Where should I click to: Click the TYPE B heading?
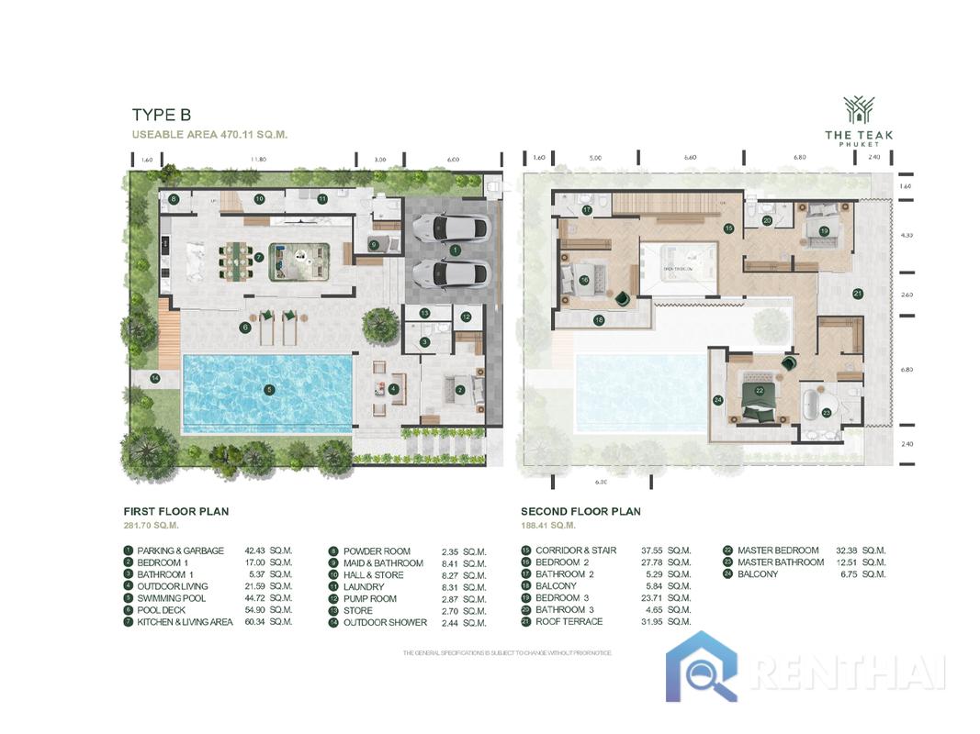[162, 115]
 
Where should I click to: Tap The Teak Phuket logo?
[858, 122]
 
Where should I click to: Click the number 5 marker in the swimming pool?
[269, 389]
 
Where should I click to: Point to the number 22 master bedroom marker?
[760, 390]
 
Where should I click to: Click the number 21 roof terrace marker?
[857, 294]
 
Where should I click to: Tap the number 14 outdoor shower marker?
[155, 377]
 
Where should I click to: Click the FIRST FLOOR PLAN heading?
[176, 511]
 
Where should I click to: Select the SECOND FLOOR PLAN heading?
[580, 511]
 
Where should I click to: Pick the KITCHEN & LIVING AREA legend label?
[185, 622]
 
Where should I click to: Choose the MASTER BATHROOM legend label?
[781, 562]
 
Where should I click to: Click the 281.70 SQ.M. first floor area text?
[152, 526]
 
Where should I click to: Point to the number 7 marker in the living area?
[260, 258]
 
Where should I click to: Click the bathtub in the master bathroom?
[811, 405]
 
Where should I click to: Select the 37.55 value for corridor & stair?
[653, 550]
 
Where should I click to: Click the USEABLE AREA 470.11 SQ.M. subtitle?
[209, 134]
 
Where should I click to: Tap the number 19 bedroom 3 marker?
[824, 230]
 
